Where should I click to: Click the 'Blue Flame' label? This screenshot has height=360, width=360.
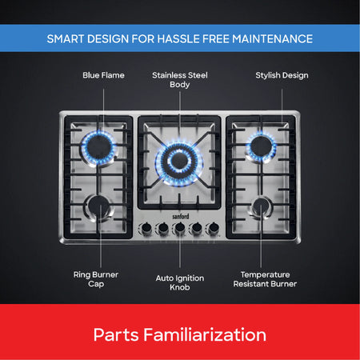(x=103, y=75)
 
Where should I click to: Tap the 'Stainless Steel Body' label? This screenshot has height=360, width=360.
(x=180, y=80)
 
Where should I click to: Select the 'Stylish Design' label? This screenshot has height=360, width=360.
(x=282, y=75)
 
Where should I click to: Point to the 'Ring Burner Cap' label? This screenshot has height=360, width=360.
(x=96, y=279)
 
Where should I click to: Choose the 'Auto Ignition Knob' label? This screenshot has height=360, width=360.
(x=180, y=282)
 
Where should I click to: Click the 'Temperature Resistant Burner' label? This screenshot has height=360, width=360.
(x=265, y=279)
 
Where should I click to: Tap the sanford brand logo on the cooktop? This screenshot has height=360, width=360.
(x=181, y=216)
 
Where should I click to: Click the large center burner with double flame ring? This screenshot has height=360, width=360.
(x=179, y=162)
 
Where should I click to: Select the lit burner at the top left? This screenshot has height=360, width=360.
(x=98, y=147)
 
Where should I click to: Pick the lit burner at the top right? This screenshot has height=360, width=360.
(x=261, y=146)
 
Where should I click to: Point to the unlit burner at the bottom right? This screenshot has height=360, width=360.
(x=261, y=207)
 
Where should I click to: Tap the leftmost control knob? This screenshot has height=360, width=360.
(x=146, y=228)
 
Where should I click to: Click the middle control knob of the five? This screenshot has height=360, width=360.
(x=180, y=228)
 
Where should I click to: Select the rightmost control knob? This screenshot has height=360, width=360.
(x=213, y=228)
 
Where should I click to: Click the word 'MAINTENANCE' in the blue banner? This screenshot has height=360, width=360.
(x=272, y=39)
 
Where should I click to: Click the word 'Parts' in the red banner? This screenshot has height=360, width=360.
(x=116, y=334)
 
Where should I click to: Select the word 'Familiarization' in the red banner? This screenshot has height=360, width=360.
(x=205, y=334)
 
